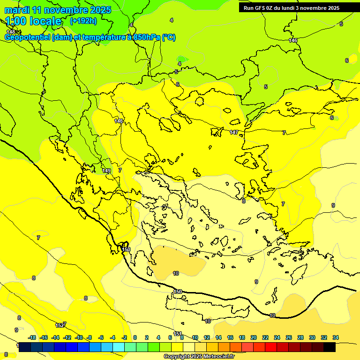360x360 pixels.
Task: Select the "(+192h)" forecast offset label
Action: (x=83, y=21)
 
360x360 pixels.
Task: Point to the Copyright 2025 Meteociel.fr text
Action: (x=199, y=357)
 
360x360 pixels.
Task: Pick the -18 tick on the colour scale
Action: (x=32, y=337)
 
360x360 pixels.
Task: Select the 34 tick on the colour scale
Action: (x=336, y=337)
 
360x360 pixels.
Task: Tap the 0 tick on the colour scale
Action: (x=135, y=337)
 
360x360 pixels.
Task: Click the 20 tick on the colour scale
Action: (x=254, y=337)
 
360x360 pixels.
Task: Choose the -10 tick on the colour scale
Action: (x=79, y=337)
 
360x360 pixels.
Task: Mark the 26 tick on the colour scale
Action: (x=289, y=337)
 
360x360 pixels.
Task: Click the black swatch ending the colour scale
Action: (x=330, y=347)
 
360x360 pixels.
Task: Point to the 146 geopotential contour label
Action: (x=293, y=40)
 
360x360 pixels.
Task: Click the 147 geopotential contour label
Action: (x=234, y=133)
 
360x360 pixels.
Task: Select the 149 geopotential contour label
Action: (x=106, y=171)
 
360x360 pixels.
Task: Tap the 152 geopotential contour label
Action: (x=60, y=325)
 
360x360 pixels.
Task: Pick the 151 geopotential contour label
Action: (x=178, y=334)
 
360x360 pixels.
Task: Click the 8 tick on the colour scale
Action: (x=181, y=337)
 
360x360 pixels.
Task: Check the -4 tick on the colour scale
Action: (x=112, y=337)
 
